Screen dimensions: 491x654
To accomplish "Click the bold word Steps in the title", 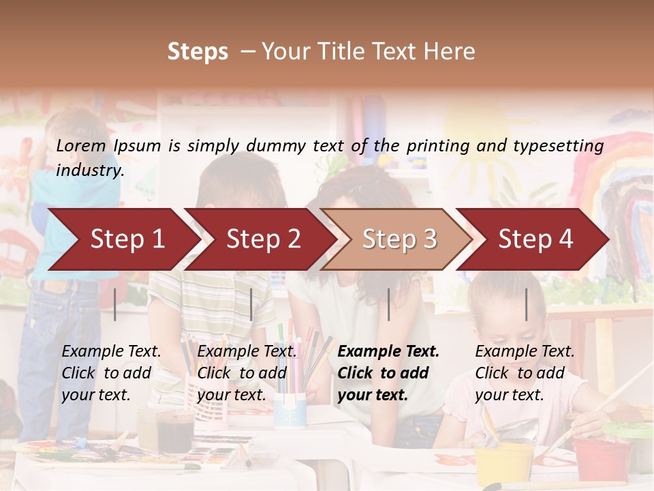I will tap(198, 52).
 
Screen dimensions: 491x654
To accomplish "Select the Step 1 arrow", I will tap(123, 239).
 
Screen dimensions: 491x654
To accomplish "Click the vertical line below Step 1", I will tap(115, 304).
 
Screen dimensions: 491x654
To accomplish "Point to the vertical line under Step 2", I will tap(251, 304).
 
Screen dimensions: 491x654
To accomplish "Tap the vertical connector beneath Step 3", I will tap(388, 304).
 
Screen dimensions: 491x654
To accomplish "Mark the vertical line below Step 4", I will tap(526, 304).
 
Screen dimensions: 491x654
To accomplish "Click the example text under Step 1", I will tap(111, 373).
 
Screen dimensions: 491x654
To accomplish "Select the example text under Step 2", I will tap(247, 373).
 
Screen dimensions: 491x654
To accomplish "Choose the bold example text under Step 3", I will tap(388, 373).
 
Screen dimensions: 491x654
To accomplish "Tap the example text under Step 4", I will tap(525, 373).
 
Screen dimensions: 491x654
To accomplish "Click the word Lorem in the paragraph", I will tap(80, 145).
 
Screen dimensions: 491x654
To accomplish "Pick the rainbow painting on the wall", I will tap(617, 198).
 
